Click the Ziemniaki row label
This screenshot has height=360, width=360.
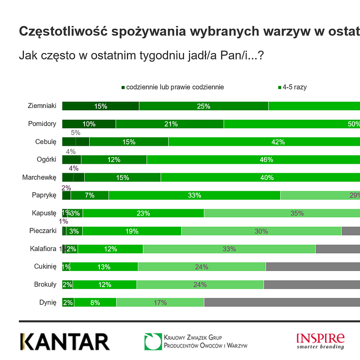point(42,106)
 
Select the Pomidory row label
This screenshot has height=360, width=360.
point(42,124)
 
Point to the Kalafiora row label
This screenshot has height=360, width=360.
point(43,248)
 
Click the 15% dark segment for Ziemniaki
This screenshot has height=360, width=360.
point(100,106)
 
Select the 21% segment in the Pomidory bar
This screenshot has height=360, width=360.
point(170,124)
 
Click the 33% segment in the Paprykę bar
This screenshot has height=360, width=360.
point(194,195)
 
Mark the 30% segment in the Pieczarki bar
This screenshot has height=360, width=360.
point(261,231)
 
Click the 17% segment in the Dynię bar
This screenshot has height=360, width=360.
point(160,303)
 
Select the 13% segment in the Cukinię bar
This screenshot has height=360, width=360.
point(104,267)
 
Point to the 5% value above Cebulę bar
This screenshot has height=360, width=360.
point(76,133)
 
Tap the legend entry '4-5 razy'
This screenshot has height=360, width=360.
point(294,87)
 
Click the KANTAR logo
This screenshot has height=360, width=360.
point(65,342)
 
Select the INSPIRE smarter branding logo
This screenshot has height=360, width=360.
point(320,341)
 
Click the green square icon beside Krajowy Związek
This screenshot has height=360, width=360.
point(153,342)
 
